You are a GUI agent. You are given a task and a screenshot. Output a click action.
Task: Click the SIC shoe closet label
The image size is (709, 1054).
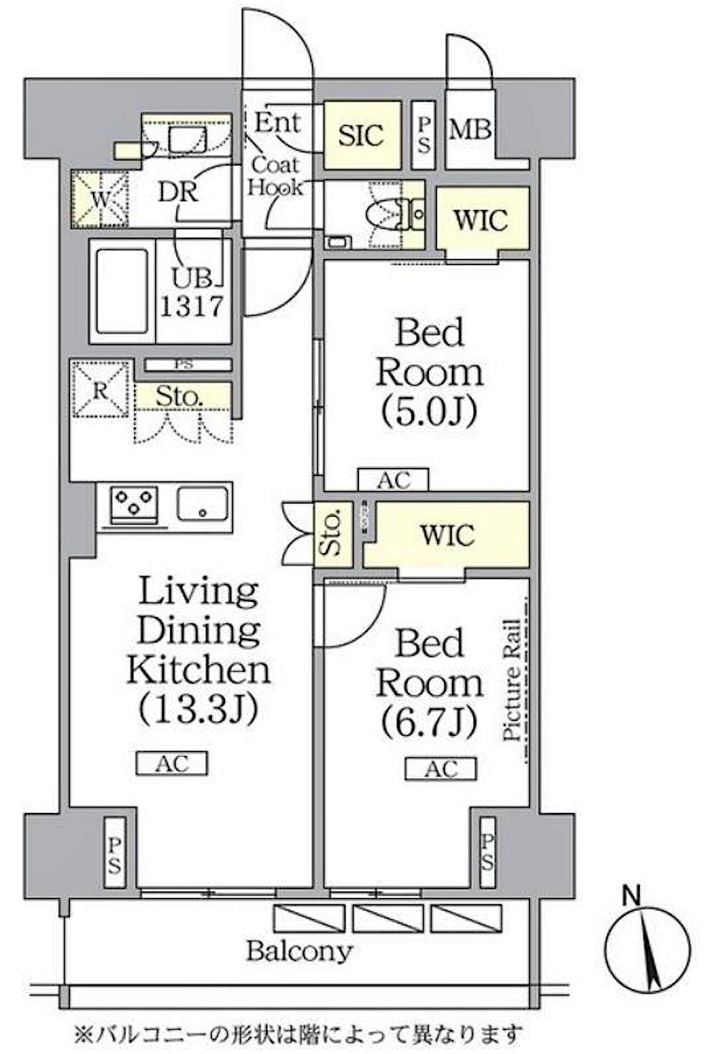coord(362,135)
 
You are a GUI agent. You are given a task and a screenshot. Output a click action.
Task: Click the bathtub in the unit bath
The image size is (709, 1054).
coord(121,291)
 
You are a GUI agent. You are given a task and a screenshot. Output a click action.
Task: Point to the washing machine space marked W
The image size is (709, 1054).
coord(99,199)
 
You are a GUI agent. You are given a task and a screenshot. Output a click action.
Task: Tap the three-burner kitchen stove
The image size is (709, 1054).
coord(134,505)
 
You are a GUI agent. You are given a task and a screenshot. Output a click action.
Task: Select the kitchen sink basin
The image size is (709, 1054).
coord(204,504)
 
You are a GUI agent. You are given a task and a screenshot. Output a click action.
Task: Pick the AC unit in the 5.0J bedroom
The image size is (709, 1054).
coord(393,480)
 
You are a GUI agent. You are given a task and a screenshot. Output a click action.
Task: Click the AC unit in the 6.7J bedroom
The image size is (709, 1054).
coord(440,769)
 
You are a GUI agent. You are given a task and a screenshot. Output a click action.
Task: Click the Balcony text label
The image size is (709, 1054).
coord(299,952)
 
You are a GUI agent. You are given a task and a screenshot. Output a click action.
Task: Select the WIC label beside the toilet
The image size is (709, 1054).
coord(481,220)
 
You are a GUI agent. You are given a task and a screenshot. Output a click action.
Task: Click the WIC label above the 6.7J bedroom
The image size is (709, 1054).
coord(448,535)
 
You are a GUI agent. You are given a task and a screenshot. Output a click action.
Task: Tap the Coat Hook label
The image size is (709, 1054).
coord(276,176)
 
